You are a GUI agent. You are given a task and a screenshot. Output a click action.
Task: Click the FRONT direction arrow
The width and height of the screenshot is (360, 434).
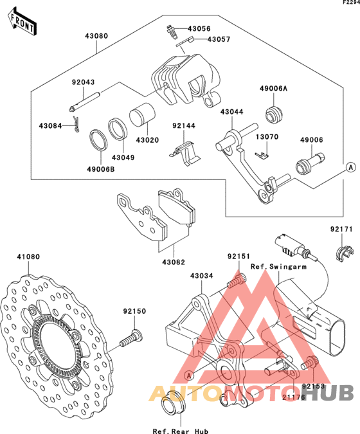pyautogui.click(x=22, y=22)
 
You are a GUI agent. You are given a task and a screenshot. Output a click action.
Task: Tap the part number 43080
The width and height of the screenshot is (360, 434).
pyautogui.click(x=96, y=36)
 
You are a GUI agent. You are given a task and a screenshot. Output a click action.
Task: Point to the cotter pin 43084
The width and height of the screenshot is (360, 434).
pyautogui.click(x=76, y=124)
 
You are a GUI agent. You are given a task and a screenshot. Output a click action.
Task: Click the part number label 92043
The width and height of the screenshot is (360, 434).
pyautogui.click(x=83, y=82)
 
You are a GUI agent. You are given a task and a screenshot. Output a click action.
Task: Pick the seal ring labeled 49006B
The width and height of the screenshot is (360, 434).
pyautogui.click(x=98, y=140)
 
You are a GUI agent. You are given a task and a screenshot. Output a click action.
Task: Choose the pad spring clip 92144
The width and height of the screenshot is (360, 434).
pyautogui.click(x=184, y=154)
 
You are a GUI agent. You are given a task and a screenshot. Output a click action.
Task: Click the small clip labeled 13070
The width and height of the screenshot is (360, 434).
pyautogui.click(x=262, y=156)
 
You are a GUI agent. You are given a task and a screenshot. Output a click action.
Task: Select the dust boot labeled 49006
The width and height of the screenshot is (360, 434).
pyautogui.click(x=309, y=164)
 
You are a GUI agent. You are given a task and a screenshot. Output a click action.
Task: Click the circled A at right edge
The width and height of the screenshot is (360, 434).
pyautogui.click(x=351, y=167)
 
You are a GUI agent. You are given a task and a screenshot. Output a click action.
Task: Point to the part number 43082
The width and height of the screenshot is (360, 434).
pyautogui.click(x=174, y=262)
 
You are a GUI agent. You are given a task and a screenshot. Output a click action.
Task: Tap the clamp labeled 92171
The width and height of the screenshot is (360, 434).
pyautogui.click(x=345, y=253)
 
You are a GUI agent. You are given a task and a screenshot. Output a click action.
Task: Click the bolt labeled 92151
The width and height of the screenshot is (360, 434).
pyautogui.click(x=237, y=280)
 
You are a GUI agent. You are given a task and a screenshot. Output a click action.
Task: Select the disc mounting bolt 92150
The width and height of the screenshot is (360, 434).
pyautogui.click(x=131, y=338)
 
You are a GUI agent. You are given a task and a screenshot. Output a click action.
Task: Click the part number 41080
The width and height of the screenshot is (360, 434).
pyautogui.click(x=28, y=257)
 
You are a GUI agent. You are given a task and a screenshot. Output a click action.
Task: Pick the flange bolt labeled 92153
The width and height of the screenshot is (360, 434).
pyautogui.click(x=310, y=363)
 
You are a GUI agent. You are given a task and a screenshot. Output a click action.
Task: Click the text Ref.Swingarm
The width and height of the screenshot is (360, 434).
pyautogui.click(x=278, y=267)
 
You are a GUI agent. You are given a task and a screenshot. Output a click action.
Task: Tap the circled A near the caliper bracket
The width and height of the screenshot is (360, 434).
pyautogui.click(x=189, y=375)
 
